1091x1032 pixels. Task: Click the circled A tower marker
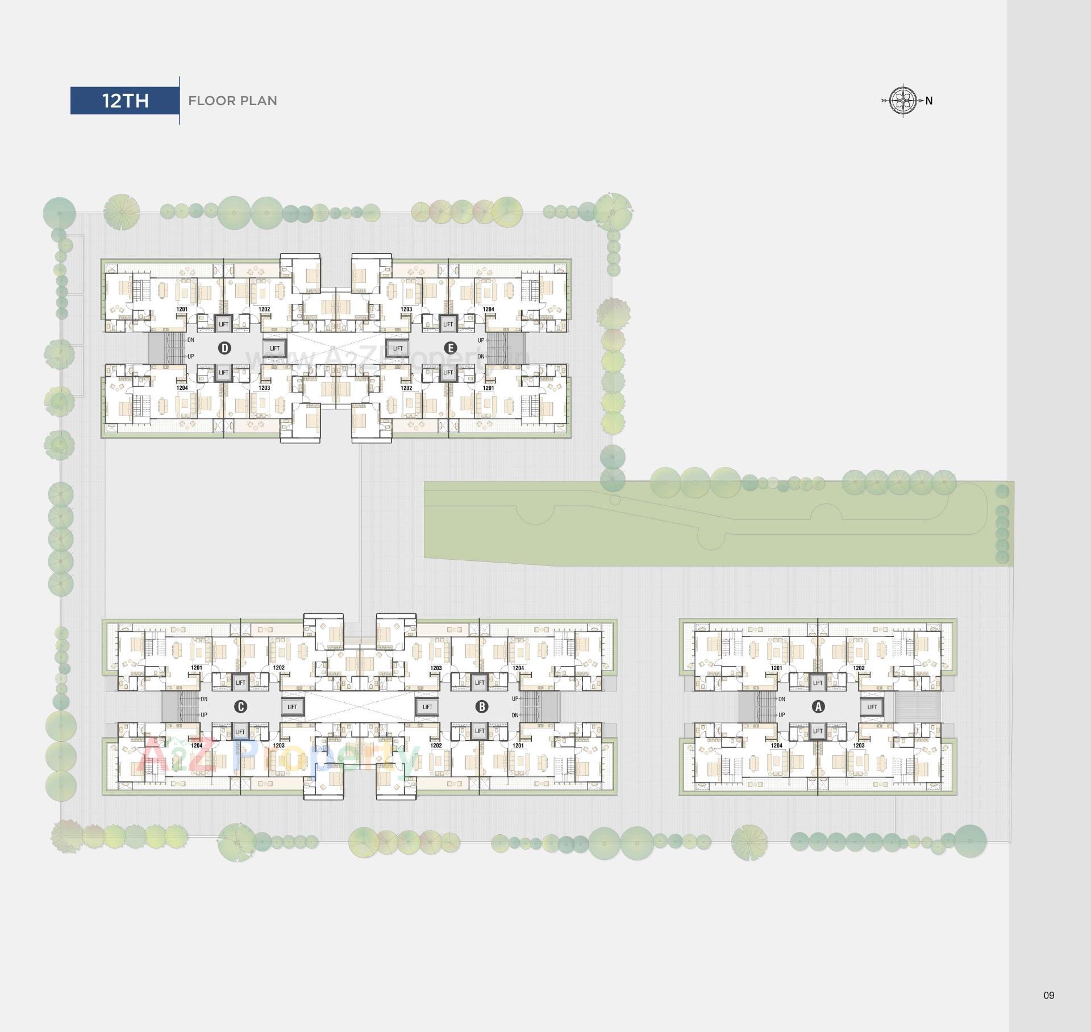[818, 706]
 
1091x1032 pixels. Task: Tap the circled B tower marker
[482, 706]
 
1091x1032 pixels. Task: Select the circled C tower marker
[240, 706]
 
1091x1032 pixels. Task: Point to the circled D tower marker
[225, 348]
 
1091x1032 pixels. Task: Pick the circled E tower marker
[450, 348]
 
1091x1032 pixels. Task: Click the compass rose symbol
[902, 101]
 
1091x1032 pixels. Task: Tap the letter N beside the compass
[929, 101]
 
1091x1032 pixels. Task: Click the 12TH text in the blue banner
[125, 101]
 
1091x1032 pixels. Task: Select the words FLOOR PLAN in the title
[232, 101]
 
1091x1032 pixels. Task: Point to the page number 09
[1049, 995]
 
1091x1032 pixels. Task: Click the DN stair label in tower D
[190, 340]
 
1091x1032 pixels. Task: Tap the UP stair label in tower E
[481, 340]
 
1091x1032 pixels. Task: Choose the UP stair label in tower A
[782, 715]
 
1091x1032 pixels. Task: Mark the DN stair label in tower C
[204, 699]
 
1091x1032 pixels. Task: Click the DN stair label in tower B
[515, 715]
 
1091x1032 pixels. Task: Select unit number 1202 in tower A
[859, 668]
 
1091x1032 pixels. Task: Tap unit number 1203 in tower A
[859, 746]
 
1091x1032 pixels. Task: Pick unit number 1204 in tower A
[776, 746]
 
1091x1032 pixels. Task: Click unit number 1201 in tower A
[776, 668]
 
